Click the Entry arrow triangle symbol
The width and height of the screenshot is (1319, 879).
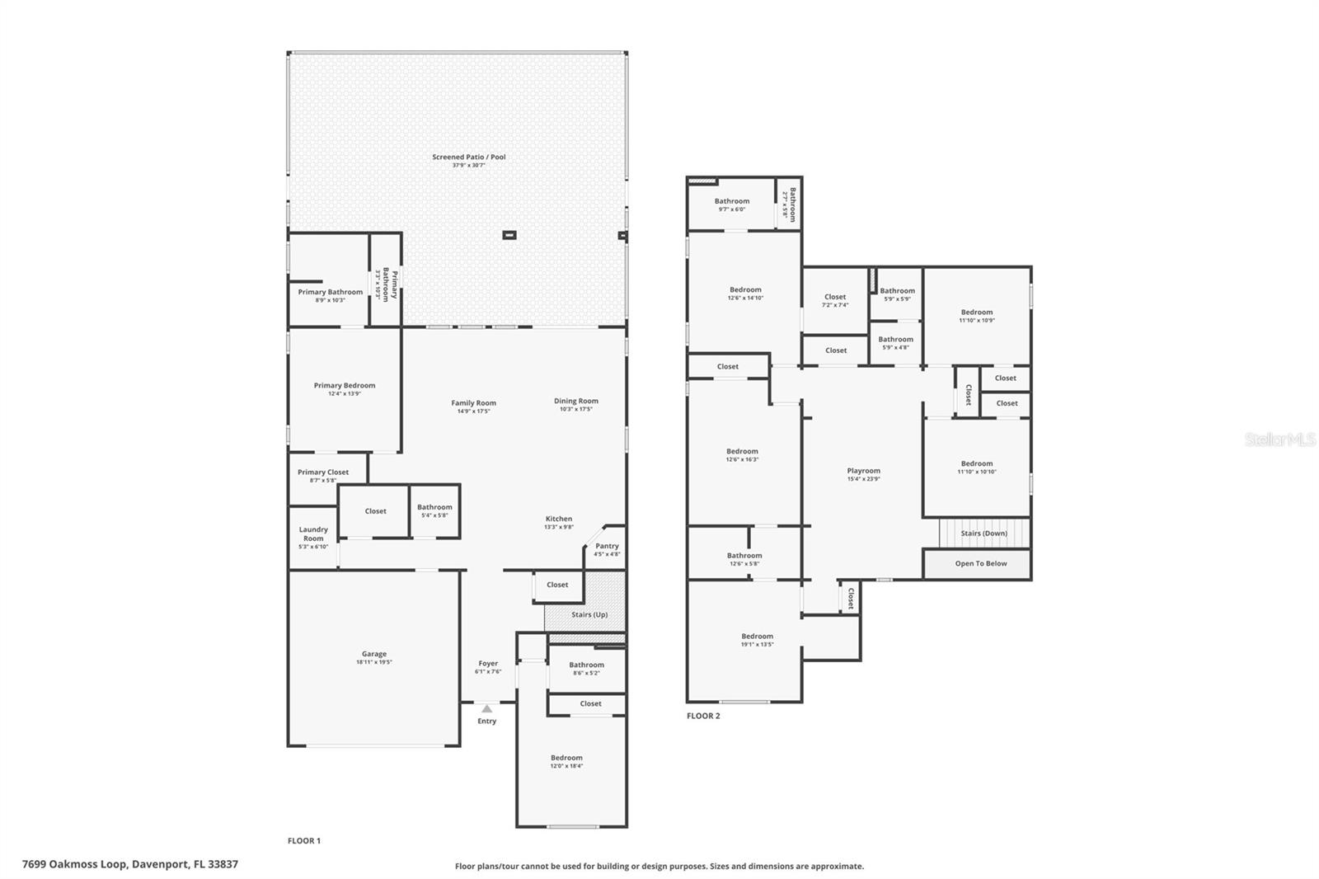(x=487, y=708)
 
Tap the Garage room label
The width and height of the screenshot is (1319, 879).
(x=373, y=654)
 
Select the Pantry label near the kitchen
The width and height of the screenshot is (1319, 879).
(x=607, y=546)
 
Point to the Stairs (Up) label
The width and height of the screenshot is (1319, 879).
(x=589, y=614)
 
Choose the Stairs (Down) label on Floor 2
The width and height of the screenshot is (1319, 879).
(x=983, y=534)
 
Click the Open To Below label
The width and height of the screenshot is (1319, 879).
(x=981, y=564)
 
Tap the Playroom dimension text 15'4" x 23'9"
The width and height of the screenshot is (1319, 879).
(x=863, y=479)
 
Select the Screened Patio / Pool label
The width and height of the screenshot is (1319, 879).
(x=469, y=157)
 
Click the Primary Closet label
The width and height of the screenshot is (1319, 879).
(x=323, y=472)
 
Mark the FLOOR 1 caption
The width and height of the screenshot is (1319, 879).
(x=304, y=841)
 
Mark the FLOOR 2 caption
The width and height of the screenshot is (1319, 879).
(x=703, y=716)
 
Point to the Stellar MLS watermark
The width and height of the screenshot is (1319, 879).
(x=1279, y=440)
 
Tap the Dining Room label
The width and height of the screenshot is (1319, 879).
(x=576, y=401)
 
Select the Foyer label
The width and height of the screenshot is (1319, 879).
(x=488, y=663)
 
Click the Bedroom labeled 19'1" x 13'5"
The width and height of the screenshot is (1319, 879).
(x=757, y=637)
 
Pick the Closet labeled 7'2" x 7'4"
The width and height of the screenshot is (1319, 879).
(x=835, y=297)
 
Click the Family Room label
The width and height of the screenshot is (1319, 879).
(x=473, y=403)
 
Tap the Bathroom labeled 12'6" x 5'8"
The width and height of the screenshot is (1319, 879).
(x=744, y=556)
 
